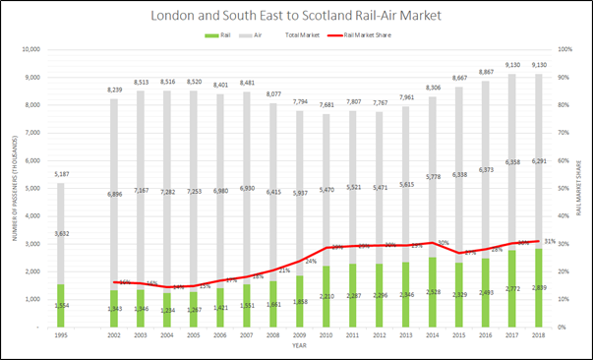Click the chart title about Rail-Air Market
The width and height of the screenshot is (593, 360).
pos(296,16)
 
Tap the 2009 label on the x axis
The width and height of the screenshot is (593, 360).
pos(300,336)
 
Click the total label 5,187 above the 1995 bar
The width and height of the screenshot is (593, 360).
pos(61,175)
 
